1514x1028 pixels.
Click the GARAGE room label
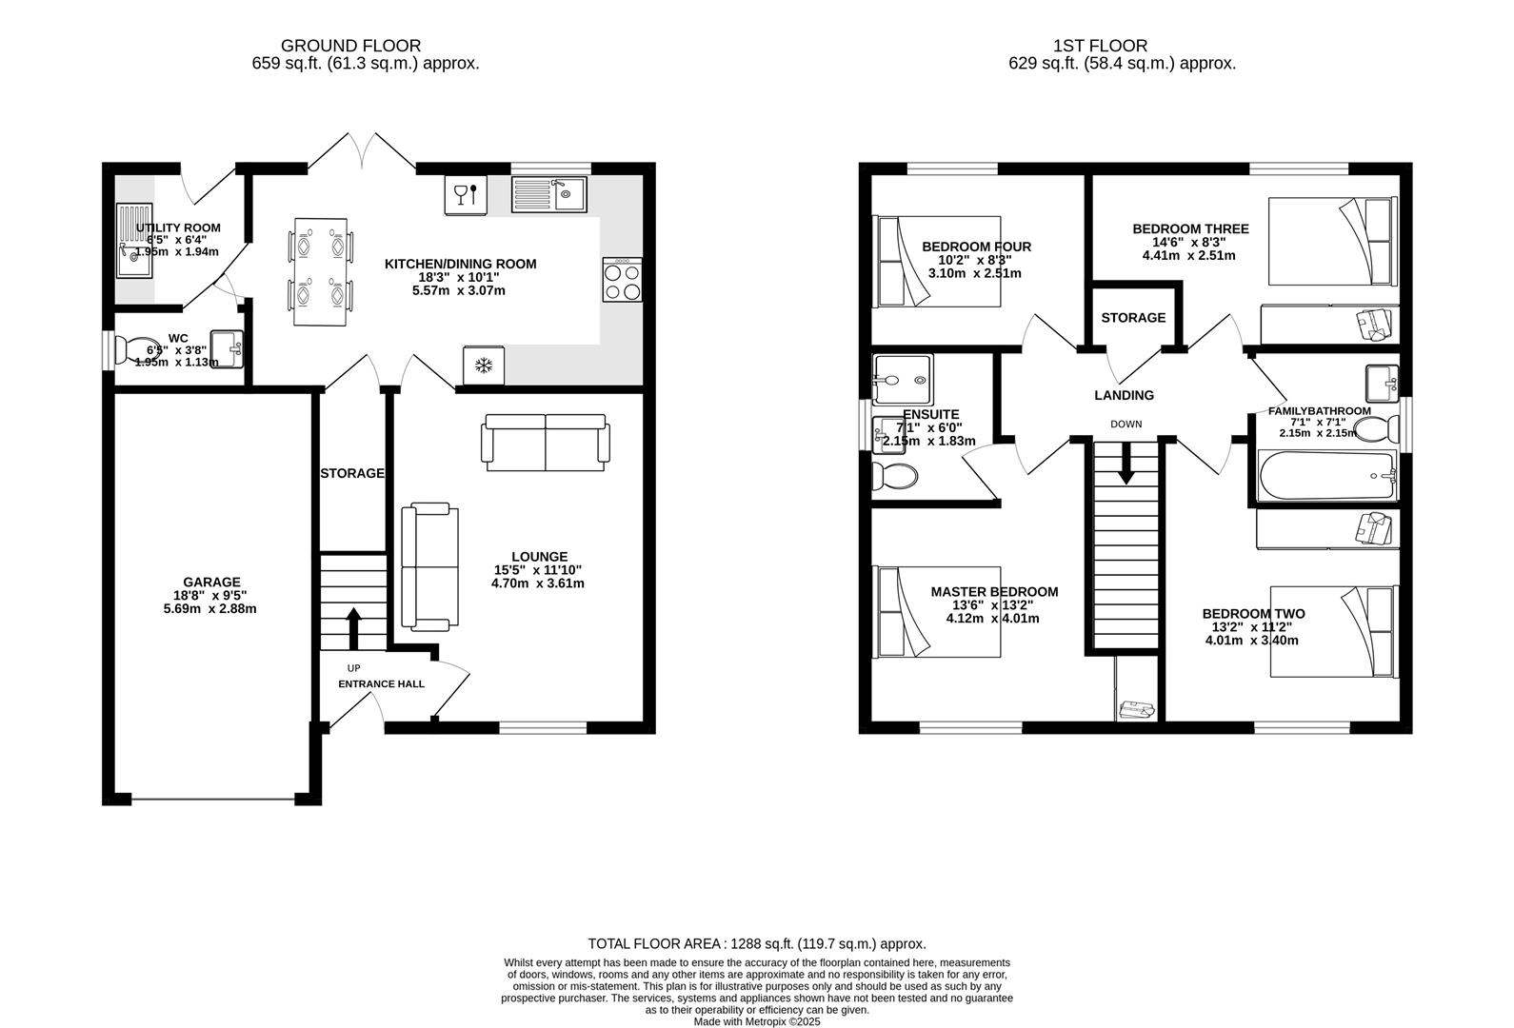coord(211,582)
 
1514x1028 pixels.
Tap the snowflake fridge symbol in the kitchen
coord(484,366)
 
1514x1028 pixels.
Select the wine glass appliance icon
coord(466,195)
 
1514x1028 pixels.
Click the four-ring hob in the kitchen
coord(622,280)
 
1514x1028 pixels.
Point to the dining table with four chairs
coord(320,272)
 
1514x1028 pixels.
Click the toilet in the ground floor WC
coord(136,349)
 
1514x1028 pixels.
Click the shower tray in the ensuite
coord(902,380)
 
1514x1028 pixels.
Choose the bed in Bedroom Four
coord(938,261)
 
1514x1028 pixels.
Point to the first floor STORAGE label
coord(1133,317)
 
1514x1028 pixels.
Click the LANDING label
coord(1124,395)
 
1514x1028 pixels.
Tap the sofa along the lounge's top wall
coord(546,443)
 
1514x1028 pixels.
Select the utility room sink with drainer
coord(132,241)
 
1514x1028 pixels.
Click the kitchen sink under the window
coord(550,195)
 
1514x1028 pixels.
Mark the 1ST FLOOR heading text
coord(1100,45)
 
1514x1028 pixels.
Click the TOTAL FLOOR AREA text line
coord(757,943)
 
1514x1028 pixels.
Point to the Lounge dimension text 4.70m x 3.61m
coord(538,583)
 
